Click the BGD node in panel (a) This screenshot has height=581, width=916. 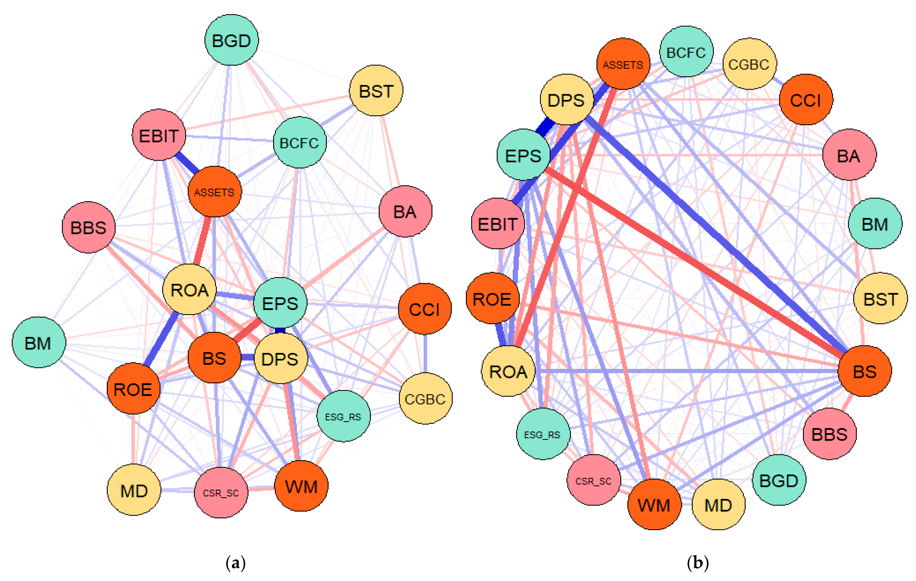(231, 40)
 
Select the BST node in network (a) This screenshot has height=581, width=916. (376, 91)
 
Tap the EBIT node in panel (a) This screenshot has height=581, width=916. (159, 135)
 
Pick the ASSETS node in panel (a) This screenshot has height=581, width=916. (215, 192)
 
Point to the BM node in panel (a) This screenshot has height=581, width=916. (38, 342)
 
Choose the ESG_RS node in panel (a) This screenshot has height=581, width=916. (343, 416)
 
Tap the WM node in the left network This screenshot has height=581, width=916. (301, 486)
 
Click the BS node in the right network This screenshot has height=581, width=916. (865, 371)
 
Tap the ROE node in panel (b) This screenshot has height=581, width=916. (492, 299)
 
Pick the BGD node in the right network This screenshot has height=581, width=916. (779, 480)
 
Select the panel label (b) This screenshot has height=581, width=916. (698, 563)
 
